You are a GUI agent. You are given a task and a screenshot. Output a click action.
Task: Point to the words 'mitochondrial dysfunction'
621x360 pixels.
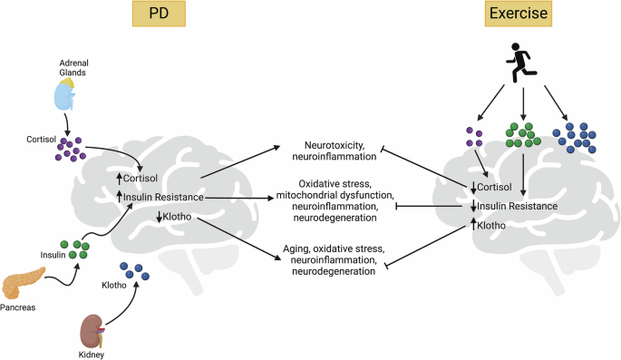tap(335, 193)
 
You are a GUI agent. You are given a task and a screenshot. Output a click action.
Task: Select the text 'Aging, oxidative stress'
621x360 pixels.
tap(335, 248)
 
